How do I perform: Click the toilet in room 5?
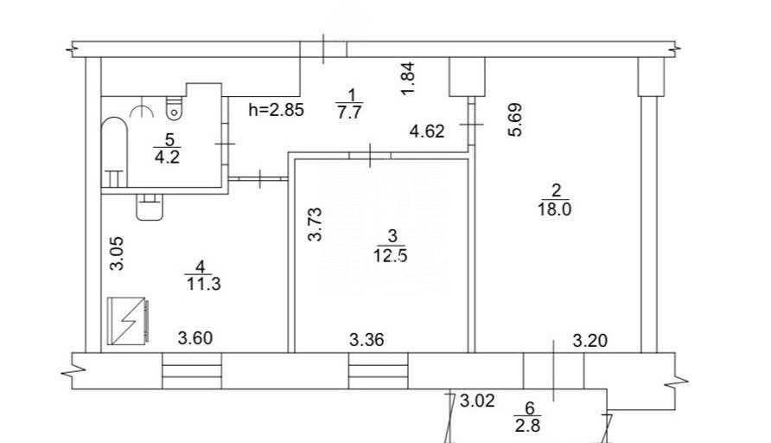pyautogui.click(x=174, y=108)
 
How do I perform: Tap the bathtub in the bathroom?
pyautogui.click(x=115, y=152)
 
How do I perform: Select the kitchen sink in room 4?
pyautogui.click(x=149, y=208)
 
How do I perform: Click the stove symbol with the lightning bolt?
pyautogui.click(x=128, y=321)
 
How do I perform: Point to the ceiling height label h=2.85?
pyautogui.click(x=277, y=109)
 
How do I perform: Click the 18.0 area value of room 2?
pyautogui.click(x=555, y=209)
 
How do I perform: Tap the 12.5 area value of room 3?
pyautogui.click(x=391, y=256)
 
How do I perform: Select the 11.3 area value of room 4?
pyautogui.click(x=204, y=284)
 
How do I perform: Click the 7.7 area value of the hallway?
pyautogui.click(x=349, y=112)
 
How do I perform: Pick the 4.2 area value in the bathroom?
pyautogui.click(x=167, y=157)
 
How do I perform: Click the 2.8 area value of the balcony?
pyautogui.click(x=528, y=425)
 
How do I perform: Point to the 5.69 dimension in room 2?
pyautogui.click(x=515, y=119)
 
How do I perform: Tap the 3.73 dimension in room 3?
pyautogui.click(x=315, y=224)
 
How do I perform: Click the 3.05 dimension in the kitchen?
pyautogui.click(x=117, y=254)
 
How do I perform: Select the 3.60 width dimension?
pyautogui.click(x=195, y=338)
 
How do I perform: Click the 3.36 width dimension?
pyautogui.click(x=366, y=339)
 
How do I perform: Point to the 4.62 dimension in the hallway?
pyautogui.click(x=427, y=131)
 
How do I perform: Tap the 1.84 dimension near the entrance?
pyautogui.click(x=408, y=79)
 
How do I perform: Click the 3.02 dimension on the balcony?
pyautogui.click(x=477, y=401)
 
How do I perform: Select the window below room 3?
pyautogui.click(x=378, y=370)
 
